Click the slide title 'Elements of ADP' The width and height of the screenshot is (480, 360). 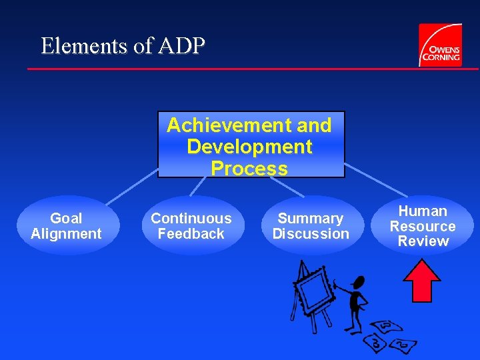[x=123, y=45]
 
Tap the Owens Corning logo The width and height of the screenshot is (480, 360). [x=439, y=45]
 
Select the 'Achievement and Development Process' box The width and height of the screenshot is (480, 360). [x=251, y=145]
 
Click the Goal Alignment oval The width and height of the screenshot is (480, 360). [x=66, y=226]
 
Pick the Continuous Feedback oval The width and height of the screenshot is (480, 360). [x=191, y=226]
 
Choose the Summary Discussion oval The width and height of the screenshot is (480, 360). [x=311, y=226]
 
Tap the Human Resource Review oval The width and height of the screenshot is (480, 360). [x=423, y=226]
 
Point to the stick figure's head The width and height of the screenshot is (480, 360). [x=358, y=283]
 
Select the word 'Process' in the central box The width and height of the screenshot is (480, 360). [x=249, y=169]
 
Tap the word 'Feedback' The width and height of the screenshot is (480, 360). [x=191, y=234]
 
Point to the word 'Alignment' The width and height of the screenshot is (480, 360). [x=66, y=234]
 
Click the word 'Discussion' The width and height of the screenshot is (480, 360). [x=311, y=234]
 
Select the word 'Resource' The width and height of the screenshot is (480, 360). [x=423, y=226]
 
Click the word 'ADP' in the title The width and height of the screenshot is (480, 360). [x=182, y=45]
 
